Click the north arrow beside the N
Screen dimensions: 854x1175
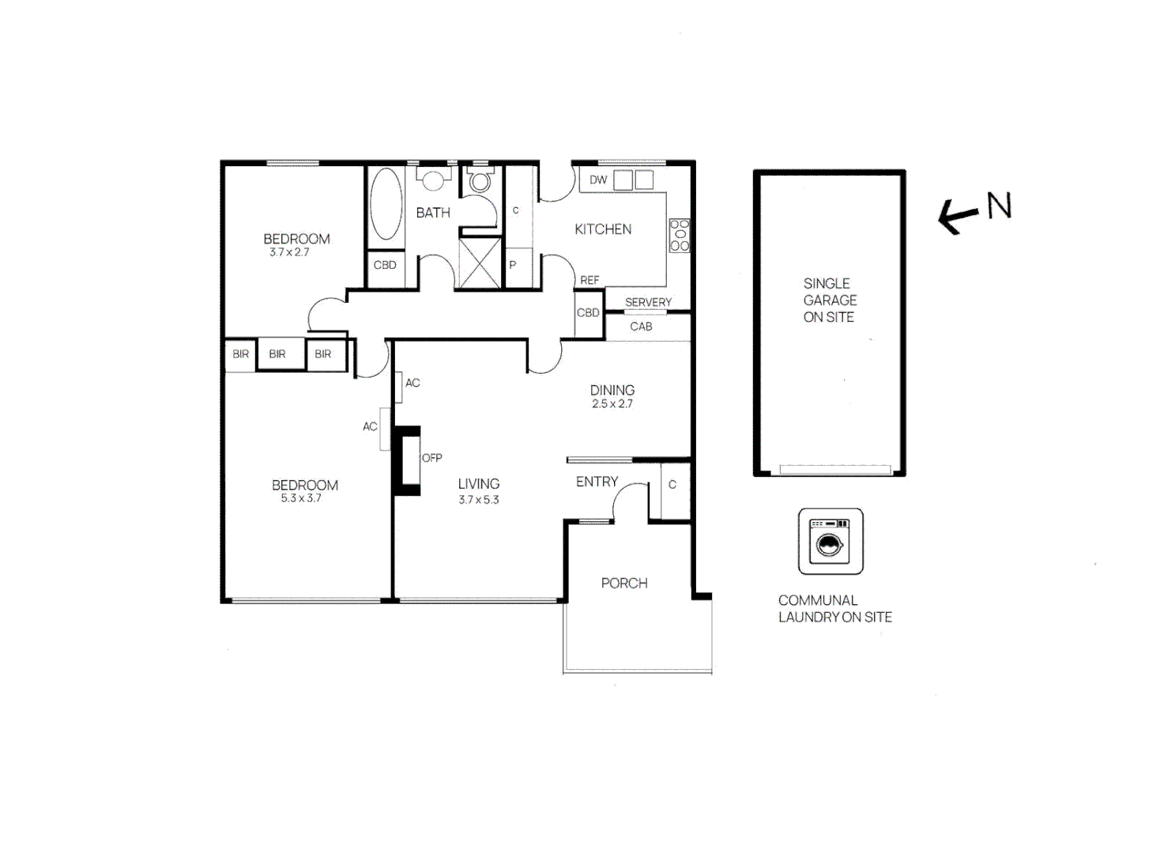pyautogui.click(x=957, y=214)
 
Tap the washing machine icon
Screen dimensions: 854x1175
pyautogui.click(x=830, y=542)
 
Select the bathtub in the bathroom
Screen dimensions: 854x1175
pyautogui.click(x=386, y=203)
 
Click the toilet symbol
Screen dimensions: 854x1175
pyautogui.click(x=480, y=181)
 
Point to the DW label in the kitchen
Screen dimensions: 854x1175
pyautogui.click(x=598, y=180)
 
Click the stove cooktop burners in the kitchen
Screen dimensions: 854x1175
pyautogui.click(x=680, y=235)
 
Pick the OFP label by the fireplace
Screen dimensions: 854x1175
pyautogui.click(x=431, y=458)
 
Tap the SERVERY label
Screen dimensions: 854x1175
pyautogui.click(x=648, y=302)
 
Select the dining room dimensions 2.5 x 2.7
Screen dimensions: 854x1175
pyautogui.click(x=612, y=404)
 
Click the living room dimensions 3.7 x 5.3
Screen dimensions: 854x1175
pyautogui.click(x=479, y=500)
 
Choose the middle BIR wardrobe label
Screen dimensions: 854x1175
pyautogui.click(x=277, y=354)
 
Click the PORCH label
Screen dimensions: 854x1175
pyautogui.click(x=624, y=584)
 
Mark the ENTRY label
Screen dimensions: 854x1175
pyautogui.click(x=597, y=482)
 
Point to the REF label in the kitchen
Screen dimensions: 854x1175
pyautogui.click(x=589, y=280)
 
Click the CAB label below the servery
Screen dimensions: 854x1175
pyautogui.click(x=641, y=327)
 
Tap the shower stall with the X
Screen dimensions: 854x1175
pyautogui.click(x=480, y=263)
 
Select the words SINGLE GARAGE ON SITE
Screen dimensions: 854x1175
pyautogui.click(x=830, y=300)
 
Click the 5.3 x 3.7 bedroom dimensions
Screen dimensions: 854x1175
pyautogui.click(x=301, y=498)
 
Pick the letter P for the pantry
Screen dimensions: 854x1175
pyautogui.click(x=513, y=265)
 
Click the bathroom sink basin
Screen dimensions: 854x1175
pyautogui.click(x=432, y=179)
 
